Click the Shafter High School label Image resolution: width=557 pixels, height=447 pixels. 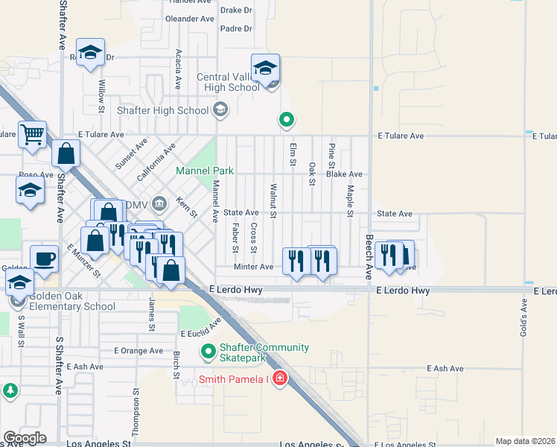[x=163, y=110]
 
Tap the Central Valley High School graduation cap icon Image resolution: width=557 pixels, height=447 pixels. [x=265, y=68]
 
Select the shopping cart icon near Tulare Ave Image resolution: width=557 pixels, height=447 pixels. [x=32, y=135]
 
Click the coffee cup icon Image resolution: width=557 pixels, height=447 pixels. [x=45, y=259]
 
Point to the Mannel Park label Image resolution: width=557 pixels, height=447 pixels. [x=205, y=171]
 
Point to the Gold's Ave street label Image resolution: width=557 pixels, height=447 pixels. [x=524, y=314]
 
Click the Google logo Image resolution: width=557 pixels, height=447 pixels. [x=24, y=438]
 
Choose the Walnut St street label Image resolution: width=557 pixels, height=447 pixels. [x=273, y=201]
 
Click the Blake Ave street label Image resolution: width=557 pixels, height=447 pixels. [x=344, y=174]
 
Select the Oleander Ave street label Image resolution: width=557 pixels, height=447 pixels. [x=189, y=18]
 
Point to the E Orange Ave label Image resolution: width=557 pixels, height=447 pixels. [x=139, y=350]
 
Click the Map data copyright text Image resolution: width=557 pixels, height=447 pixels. [x=525, y=441]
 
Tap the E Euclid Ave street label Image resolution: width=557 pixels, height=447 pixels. [x=201, y=329]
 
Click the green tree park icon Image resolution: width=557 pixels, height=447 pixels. [x=10, y=391]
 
